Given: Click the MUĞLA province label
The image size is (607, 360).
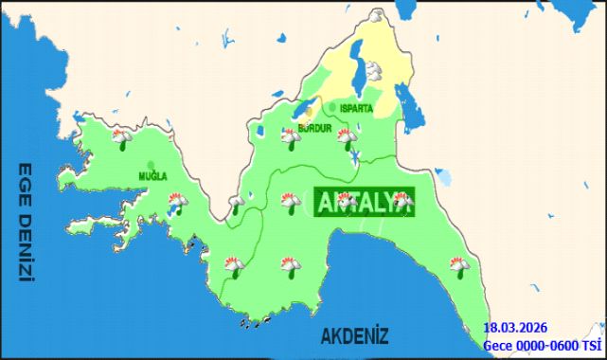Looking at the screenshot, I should [152, 176].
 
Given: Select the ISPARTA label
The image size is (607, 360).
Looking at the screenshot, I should [356, 109].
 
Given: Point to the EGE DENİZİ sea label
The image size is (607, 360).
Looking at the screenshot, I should [26, 223].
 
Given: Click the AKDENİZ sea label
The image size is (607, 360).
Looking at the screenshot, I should [355, 335].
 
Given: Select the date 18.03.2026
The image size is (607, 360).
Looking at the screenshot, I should [514, 329].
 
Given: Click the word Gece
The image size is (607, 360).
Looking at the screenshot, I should [499, 345].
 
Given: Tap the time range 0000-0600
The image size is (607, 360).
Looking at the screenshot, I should [549, 345].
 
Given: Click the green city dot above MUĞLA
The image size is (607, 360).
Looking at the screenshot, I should [152, 164].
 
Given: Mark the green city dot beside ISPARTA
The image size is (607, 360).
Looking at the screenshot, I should [333, 108].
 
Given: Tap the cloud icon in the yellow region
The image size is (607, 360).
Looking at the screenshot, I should [375, 68].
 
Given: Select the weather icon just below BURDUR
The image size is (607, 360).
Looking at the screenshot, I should [290, 138].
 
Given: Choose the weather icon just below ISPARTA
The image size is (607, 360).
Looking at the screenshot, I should [348, 137].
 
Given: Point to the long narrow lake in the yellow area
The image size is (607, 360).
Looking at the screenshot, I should [360, 68].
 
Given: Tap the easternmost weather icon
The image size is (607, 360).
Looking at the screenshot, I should [460, 265].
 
